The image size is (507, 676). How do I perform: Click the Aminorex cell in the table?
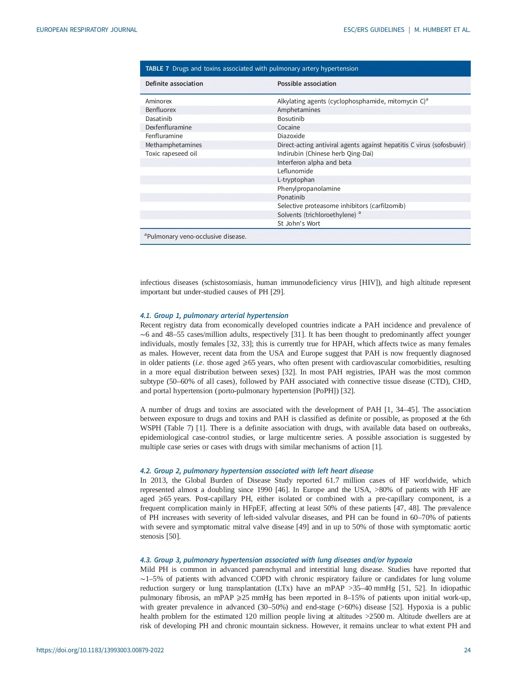point(159,101)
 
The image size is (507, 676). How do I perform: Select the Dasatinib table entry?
point(159,119)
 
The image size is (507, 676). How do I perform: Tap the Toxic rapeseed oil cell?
point(171,154)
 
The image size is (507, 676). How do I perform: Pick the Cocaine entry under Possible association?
point(288,128)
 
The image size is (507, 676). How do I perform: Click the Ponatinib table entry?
point(291,197)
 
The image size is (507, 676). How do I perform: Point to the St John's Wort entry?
point(299,224)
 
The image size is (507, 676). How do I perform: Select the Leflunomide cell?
point(295,171)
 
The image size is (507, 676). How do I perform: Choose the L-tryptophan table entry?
point(296,180)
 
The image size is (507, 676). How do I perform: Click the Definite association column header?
point(174,84)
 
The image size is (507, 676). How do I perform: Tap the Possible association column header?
point(307,84)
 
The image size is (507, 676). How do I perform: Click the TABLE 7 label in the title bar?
point(157,69)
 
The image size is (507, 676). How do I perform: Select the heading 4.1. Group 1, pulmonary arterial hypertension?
point(214,316)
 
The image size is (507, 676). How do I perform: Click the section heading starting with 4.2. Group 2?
point(257,471)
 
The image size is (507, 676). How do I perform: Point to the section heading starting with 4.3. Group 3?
point(276,560)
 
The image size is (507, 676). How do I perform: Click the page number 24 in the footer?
point(467,650)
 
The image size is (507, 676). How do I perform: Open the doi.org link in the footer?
point(100,650)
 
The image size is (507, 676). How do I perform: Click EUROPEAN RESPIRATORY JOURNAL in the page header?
point(87,30)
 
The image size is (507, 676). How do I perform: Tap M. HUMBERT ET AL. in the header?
point(442,30)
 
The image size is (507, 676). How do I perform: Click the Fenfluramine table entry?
point(164,136)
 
